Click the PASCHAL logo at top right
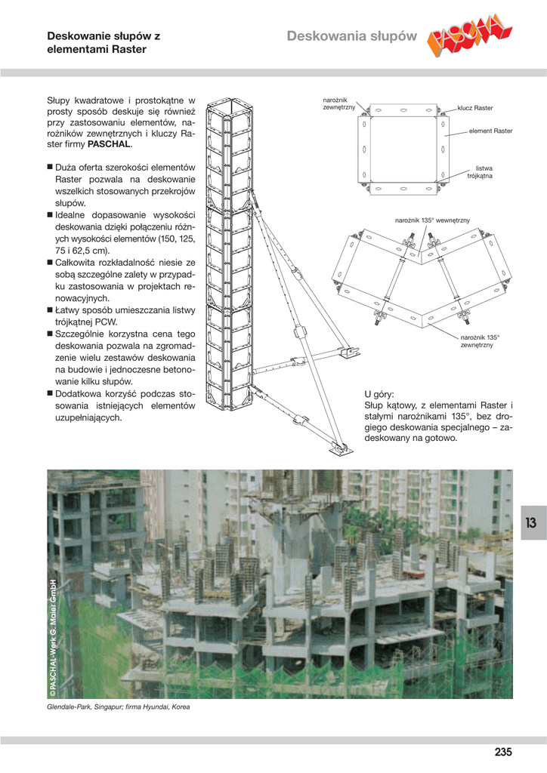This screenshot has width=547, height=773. (469, 35)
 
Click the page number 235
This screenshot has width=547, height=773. (503, 752)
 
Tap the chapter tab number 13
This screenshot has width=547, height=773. (530, 522)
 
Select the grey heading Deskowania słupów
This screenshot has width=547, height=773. (351, 36)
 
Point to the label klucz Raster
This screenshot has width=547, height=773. (475, 108)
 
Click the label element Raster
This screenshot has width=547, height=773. (491, 131)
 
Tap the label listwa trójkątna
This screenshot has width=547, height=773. (480, 172)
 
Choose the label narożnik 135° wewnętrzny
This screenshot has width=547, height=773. (432, 220)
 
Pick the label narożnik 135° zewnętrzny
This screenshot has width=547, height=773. (480, 341)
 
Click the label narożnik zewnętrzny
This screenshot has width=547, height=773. (339, 103)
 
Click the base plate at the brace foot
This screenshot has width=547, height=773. (341, 451)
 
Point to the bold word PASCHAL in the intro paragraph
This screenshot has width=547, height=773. (109, 144)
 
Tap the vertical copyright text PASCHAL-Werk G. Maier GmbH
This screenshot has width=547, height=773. (52, 638)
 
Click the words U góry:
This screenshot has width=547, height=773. (379, 394)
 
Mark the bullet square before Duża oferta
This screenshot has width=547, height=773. (50, 167)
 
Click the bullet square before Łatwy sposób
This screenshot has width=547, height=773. (50, 310)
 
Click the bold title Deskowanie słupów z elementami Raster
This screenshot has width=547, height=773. (104, 42)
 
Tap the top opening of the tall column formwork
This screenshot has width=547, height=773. (230, 104)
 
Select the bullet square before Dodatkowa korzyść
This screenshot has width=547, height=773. (50, 393)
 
